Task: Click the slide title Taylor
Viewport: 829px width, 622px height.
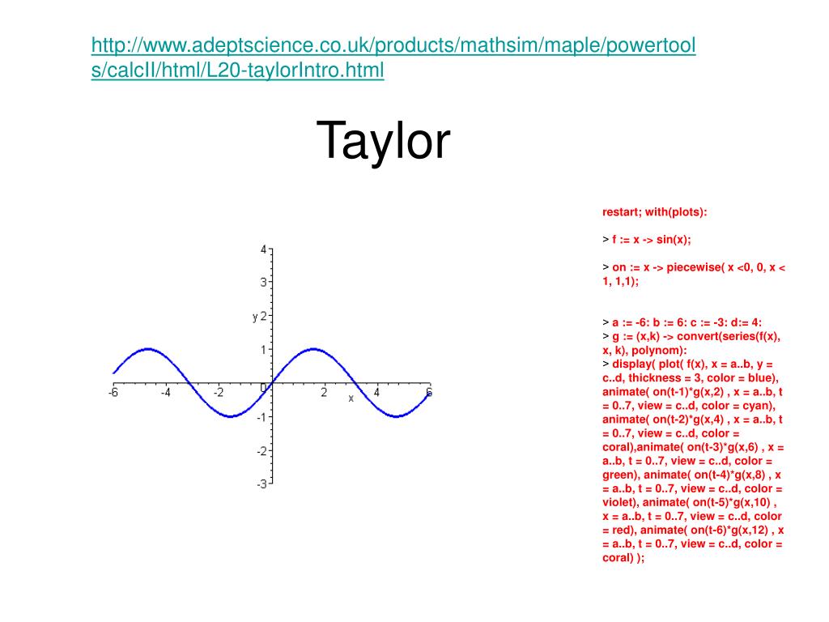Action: click(x=383, y=141)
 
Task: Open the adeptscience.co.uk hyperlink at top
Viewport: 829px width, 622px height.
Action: click(x=393, y=58)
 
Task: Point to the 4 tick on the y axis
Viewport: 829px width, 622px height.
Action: click(x=263, y=249)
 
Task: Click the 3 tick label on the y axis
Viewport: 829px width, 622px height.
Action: click(x=263, y=283)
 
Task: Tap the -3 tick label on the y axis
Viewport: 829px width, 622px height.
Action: click(x=261, y=484)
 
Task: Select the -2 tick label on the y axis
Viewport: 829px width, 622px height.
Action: click(x=261, y=451)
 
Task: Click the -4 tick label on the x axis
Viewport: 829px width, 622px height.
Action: click(x=165, y=393)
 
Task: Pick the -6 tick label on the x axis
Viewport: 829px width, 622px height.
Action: click(x=113, y=393)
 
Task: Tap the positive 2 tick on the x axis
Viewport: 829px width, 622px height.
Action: click(x=324, y=393)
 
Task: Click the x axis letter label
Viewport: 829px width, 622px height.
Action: click(x=351, y=398)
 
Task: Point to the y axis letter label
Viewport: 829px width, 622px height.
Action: click(x=255, y=317)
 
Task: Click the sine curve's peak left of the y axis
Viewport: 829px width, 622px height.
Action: click(x=149, y=349)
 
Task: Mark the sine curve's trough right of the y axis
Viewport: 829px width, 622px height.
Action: click(x=396, y=416)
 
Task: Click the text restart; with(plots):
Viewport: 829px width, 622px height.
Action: click(x=654, y=212)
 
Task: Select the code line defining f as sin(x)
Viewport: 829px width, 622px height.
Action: click(x=647, y=240)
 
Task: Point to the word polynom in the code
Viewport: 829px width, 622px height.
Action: click(x=655, y=351)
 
